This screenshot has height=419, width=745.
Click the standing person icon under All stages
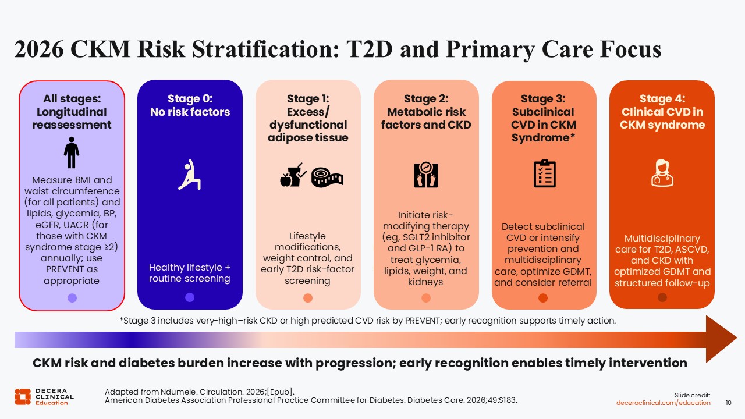(72, 152)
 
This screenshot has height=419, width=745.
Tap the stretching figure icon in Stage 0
(190, 175)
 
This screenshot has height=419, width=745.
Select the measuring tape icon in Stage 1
(327, 177)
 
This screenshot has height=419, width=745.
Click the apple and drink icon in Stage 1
(293, 175)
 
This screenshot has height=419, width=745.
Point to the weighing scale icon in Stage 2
(425, 175)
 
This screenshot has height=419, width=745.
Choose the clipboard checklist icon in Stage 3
(544, 173)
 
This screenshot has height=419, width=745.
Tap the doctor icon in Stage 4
(662, 173)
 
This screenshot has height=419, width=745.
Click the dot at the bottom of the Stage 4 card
(662, 297)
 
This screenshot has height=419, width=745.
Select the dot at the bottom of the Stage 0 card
(190, 297)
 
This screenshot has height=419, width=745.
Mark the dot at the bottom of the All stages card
(72, 297)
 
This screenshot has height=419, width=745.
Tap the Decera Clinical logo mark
(23, 397)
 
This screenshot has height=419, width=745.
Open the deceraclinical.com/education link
(663, 403)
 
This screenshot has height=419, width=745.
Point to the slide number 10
(728, 403)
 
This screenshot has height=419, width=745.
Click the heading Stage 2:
(426, 99)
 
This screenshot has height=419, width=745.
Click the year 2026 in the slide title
(39, 49)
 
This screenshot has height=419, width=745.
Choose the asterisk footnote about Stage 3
(367, 321)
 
